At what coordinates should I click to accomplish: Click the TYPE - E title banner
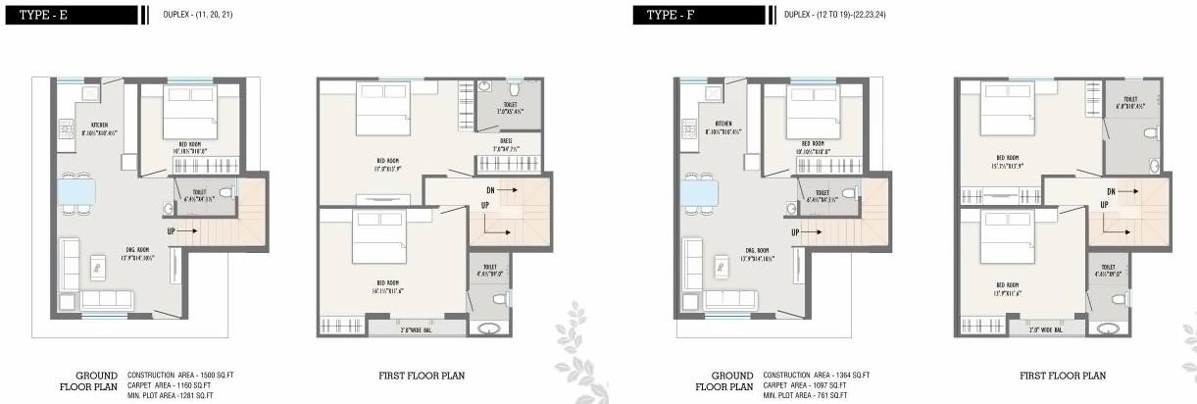(69, 15)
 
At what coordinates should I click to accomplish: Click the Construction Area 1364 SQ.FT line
(817, 375)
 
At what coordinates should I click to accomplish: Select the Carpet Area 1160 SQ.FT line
(170, 384)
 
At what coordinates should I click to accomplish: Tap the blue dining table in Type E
(76, 191)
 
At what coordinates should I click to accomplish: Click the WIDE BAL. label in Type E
(397, 328)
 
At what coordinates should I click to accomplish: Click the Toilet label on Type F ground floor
(822, 194)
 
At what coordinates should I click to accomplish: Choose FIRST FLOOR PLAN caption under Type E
(422, 375)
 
